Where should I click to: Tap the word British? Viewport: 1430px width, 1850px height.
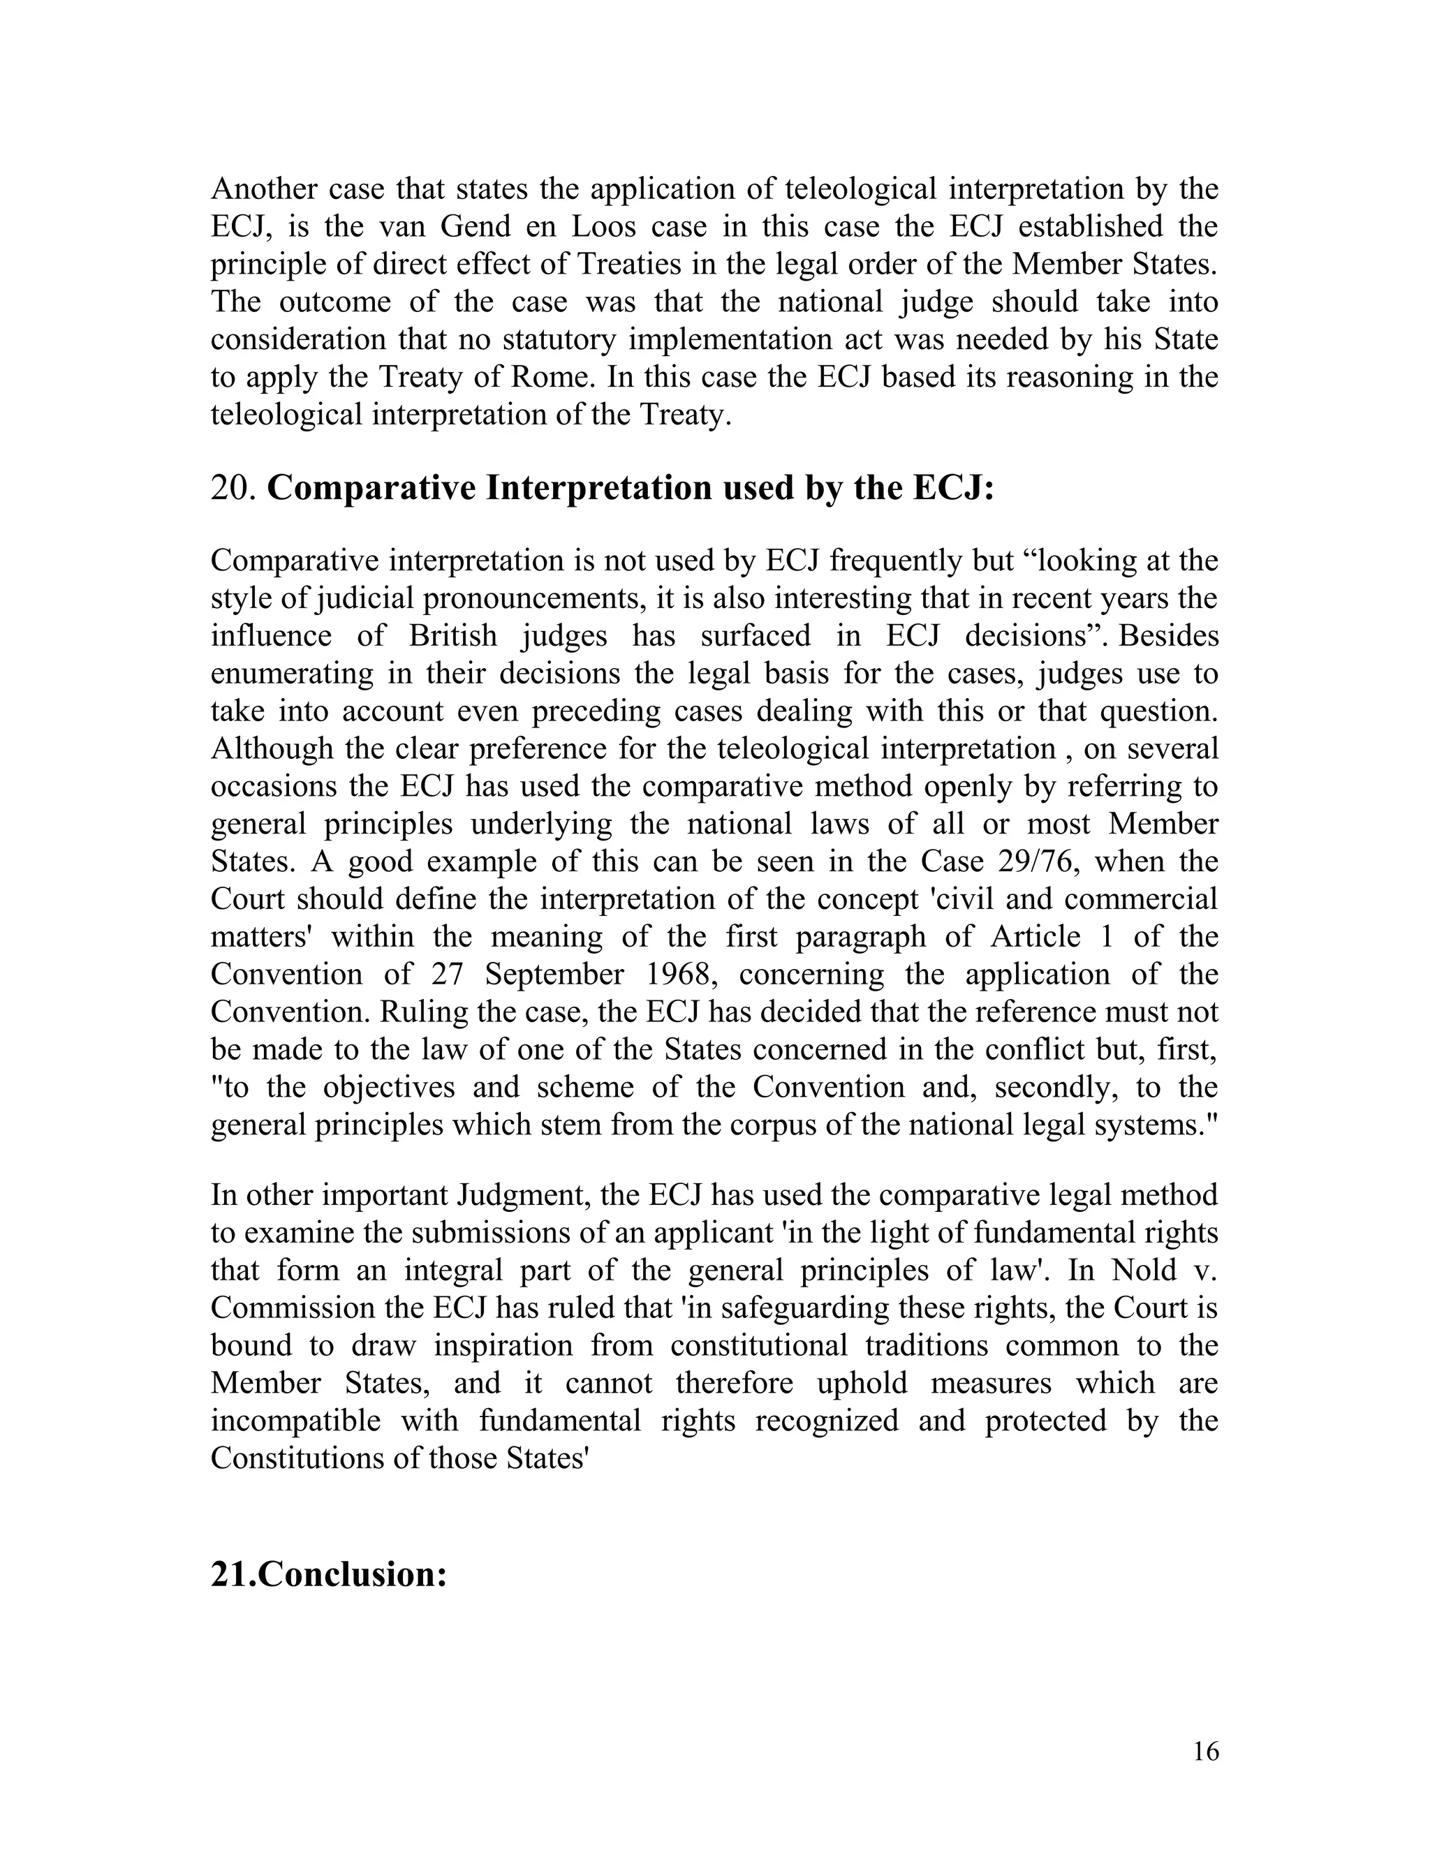453,635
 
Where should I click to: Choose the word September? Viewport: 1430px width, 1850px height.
555,974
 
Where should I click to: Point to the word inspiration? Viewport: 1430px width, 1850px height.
501,1345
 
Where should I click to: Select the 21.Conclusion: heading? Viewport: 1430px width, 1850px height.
329,1574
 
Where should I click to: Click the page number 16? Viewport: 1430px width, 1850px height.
1205,1751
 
